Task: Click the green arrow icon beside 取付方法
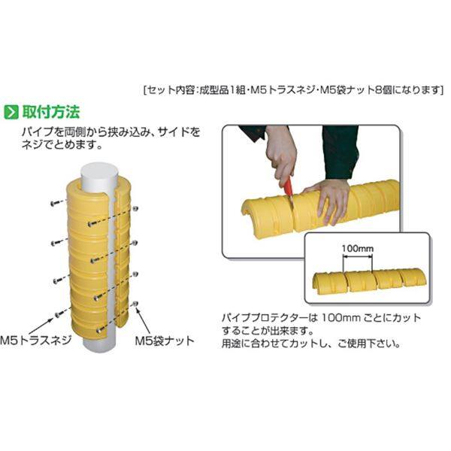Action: (x=11, y=112)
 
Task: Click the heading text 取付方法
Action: (x=51, y=112)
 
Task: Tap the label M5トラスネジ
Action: (x=35, y=341)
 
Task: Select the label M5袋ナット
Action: (x=165, y=341)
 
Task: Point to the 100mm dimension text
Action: (x=358, y=249)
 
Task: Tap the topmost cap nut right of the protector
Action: (x=135, y=208)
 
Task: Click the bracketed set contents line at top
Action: (x=293, y=90)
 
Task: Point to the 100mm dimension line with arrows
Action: (x=358, y=258)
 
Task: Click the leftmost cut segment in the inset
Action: (x=328, y=283)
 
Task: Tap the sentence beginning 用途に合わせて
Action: (x=310, y=344)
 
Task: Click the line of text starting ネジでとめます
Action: (x=62, y=144)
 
